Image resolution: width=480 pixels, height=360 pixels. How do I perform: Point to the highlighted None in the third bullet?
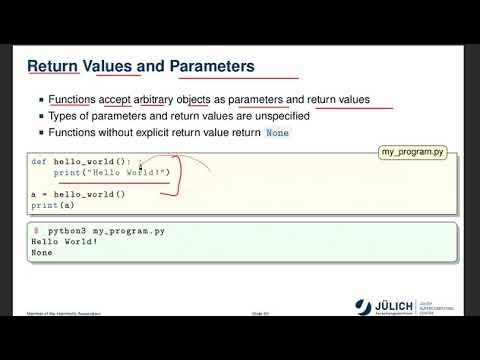pyautogui.click(x=278, y=132)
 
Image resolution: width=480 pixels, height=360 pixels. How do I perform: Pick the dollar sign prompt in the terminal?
pyautogui.click(x=36, y=230)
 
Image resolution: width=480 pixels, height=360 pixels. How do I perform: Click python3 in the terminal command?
pyautogui.click(x=67, y=230)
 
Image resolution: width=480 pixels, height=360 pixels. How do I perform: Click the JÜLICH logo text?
pyautogui.click(x=384, y=305)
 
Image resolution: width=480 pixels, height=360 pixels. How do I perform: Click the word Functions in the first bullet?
pyautogui.click(x=70, y=99)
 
